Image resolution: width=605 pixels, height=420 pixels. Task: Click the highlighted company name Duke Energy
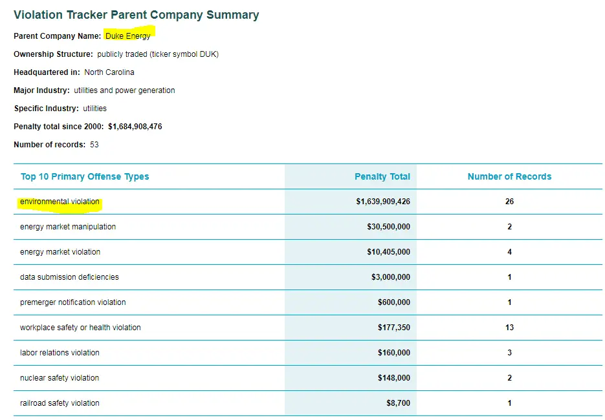pyautogui.click(x=128, y=36)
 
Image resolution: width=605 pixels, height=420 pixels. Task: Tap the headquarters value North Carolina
pyautogui.click(x=109, y=72)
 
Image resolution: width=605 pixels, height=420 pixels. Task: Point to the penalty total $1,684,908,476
pyautogui.click(x=135, y=127)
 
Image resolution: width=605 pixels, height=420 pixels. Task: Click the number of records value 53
pyautogui.click(x=94, y=145)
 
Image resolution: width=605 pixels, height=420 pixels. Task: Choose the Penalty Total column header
pyautogui.click(x=382, y=176)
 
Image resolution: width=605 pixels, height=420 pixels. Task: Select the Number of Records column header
pyautogui.click(x=509, y=176)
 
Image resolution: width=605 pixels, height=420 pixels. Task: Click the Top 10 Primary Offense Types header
pyautogui.click(x=85, y=176)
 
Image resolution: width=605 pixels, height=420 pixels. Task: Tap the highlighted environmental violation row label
pyautogui.click(x=60, y=202)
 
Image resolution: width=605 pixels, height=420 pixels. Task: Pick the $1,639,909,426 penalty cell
pyautogui.click(x=383, y=202)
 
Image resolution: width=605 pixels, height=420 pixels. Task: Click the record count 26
pyautogui.click(x=509, y=202)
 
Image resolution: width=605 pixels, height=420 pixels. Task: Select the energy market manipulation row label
pyautogui.click(x=68, y=227)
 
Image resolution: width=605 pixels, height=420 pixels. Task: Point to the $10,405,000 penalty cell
pyautogui.click(x=388, y=252)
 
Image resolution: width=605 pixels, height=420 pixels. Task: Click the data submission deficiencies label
pyautogui.click(x=69, y=277)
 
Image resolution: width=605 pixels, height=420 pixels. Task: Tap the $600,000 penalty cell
pyautogui.click(x=393, y=302)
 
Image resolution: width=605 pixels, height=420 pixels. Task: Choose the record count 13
pyautogui.click(x=509, y=328)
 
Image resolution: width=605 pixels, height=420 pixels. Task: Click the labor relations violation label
pyautogui.click(x=60, y=353)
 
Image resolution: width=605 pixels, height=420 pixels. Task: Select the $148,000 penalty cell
pyautogui.click(x=393, y=378)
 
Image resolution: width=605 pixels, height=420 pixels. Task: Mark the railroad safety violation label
pyautogui.click(x=60, y=403)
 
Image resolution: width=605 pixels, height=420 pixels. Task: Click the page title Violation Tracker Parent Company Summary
pyautogui.click(x=136, y=15)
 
